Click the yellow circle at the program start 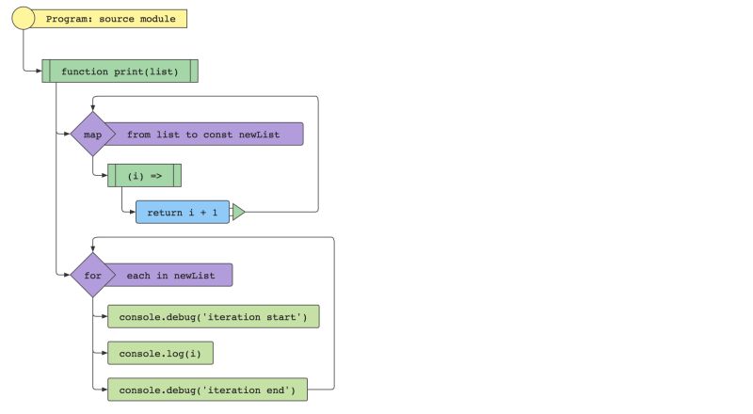click(24, 19)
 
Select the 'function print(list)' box click(120, 72)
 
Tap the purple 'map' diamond click(92, 135)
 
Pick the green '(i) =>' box click(144, 176)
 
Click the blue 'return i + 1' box click(183, 213)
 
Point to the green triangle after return click(237, 213)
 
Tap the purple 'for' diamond click(92, 276)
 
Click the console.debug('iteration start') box click(213, 317)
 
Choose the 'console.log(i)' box click(160, 353)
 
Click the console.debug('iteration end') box click(207, 389)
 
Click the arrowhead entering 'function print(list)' click(38, 72)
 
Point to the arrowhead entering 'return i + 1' click(132, 213)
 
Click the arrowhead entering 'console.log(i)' click(104, 353)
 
